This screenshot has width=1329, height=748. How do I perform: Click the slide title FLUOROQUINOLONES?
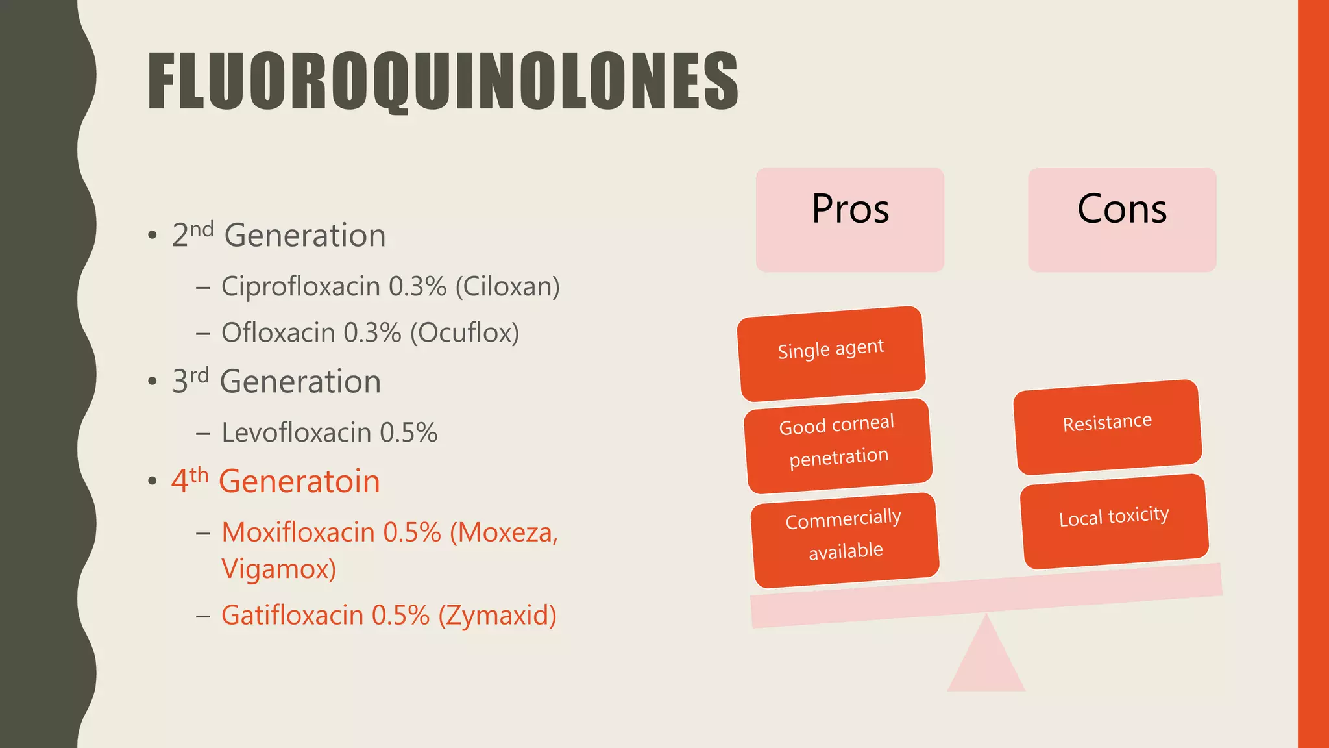pos(443,81)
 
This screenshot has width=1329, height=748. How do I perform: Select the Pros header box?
pos(849,219)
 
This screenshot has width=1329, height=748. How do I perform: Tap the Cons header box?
pos(1122,219)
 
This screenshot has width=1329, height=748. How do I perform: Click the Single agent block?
pos(831,353)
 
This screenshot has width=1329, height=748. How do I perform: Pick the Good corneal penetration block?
pos(838,445)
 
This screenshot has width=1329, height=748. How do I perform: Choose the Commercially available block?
pos(844,540)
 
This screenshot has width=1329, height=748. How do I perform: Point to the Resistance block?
pos(1107,427)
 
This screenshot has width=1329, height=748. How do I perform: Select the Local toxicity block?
pos(1114,521)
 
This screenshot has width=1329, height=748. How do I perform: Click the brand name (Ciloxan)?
pos(507,286)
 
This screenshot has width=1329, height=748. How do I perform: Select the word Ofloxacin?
pos(278,332)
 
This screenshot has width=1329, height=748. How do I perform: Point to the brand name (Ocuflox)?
pos(464,332)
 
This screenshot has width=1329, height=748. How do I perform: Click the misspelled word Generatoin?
pos(299,481)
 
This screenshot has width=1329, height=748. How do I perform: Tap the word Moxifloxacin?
pos(298,532)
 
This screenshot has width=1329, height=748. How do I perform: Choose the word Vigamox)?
pos(278,569)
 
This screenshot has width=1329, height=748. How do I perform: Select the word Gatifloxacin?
pos(292,616)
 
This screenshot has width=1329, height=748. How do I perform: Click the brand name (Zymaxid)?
pos(497,616)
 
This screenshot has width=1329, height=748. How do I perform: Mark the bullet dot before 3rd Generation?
pos(152,381)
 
